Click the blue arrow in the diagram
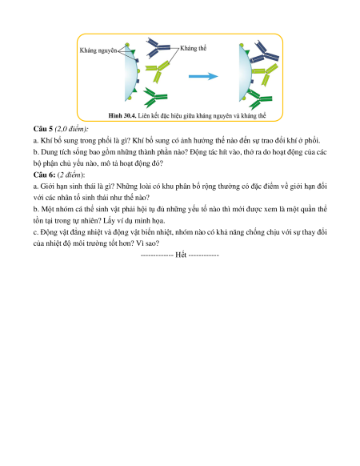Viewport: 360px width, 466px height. [203, 76]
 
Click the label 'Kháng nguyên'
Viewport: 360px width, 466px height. [98, 50]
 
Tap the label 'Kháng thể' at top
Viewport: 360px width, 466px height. [193, 48]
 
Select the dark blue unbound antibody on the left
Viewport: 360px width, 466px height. [158, 47]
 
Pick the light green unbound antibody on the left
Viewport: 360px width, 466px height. [158, 71]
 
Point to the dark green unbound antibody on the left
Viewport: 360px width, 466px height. [155, 97]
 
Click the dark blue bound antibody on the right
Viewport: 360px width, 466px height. [264, 53]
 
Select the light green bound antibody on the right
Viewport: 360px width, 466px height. [265, 74]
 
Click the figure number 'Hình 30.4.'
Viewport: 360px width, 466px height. [122, 115]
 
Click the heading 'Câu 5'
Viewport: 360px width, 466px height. [43, 129]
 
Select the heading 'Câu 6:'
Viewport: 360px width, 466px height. [44, 175]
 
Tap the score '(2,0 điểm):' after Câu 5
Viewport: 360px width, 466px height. [71, 129]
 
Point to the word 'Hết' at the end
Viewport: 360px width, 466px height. [181, 255]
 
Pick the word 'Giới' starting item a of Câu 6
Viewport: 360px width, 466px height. [47, 187]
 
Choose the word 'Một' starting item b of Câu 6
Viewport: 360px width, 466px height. [47, 209]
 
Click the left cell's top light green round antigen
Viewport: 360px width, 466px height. [127, 45]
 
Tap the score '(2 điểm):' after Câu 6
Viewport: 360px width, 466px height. [71, 175]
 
